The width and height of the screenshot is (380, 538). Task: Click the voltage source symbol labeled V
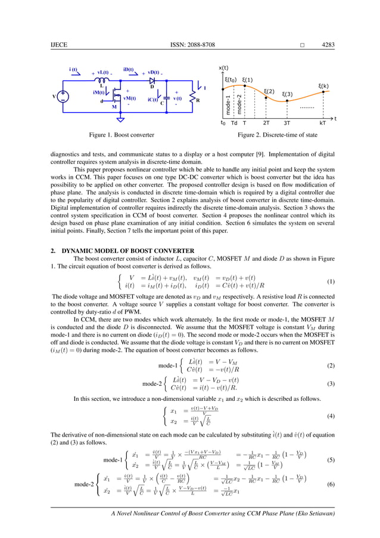click(63, 96)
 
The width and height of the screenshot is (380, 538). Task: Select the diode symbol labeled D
click(152, 79)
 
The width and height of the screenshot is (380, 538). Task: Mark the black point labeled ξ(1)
click(244, 86)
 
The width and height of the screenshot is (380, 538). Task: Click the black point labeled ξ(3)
click(287, 101)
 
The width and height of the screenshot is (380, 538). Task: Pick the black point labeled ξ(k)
click(323, 92)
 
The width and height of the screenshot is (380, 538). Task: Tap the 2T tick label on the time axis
click(266, 123)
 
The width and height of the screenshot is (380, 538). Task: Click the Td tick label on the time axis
click(233, 123)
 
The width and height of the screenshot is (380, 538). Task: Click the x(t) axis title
click(225, 67)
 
